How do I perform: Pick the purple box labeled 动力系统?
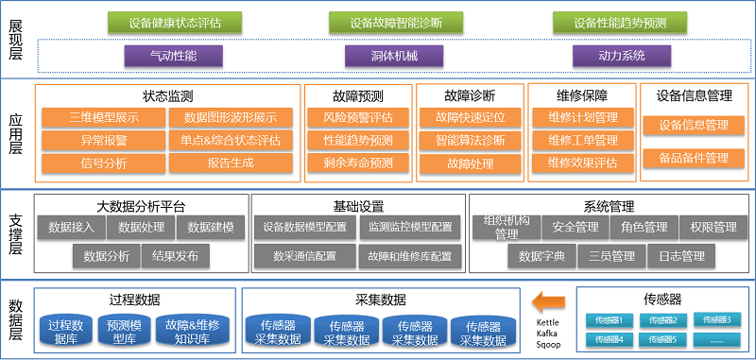[621, 56]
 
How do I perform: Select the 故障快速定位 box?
[470, 118]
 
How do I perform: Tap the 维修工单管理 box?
[582, 141]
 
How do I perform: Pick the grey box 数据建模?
[216, 227]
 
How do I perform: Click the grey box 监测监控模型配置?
[409, 227]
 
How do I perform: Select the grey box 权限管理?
[713, 227]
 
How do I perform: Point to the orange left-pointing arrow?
[547, 302]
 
